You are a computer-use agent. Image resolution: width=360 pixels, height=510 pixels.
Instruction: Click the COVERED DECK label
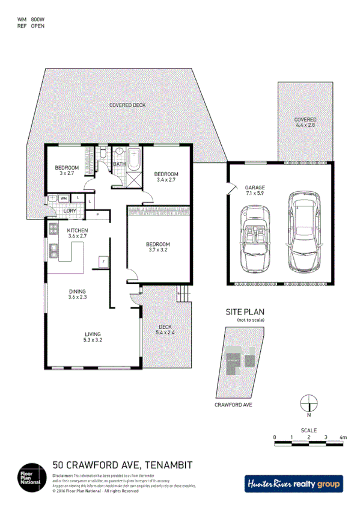[127, 105]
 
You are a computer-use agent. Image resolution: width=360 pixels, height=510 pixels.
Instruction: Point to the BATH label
[119, 164]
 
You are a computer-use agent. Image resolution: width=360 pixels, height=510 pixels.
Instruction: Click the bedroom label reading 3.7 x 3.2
[158, 247]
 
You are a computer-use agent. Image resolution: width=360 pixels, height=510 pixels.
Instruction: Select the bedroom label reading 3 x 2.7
[67, 170]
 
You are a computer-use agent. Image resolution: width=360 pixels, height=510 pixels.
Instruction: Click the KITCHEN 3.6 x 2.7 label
[78, 234]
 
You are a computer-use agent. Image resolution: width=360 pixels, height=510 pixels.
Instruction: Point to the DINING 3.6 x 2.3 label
[78, 294]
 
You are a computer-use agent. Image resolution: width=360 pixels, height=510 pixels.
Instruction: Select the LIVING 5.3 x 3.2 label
[93, 337]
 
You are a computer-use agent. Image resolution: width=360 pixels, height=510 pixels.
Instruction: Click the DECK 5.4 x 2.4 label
[165, 329]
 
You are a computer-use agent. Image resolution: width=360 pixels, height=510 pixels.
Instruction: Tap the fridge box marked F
[103, 262]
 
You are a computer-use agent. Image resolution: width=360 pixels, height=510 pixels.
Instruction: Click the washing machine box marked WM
[63, 198]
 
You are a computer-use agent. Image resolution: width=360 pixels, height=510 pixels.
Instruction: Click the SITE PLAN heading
[243, 312]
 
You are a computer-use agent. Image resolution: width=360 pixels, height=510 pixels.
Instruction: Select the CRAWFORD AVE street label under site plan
[233, 405]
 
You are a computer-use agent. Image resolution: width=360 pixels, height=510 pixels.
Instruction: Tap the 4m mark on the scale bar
[343, 437]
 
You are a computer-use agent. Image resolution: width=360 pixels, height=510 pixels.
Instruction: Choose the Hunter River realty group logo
[293, 483]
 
